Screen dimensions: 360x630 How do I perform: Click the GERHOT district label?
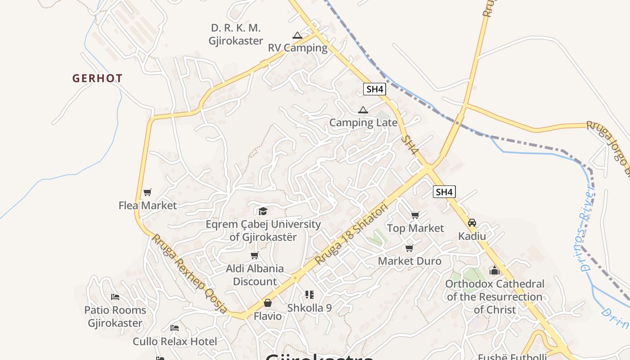[x=97, y=78]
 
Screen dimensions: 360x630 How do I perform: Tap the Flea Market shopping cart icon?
[x=147, y=193]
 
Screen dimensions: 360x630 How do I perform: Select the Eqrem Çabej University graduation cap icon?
[x=263, y=211]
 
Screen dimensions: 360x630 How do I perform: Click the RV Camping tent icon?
[x=297, y=35]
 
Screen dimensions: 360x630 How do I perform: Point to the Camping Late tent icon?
[x=363, y=110]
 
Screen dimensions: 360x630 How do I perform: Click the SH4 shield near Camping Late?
[x=374, y=89]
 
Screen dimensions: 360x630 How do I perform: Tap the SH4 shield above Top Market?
[x=444, y=192]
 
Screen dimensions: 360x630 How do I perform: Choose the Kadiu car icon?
[x=472, y=223]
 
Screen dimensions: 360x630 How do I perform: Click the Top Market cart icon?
[x=415, y=216]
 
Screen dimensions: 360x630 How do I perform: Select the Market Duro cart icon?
[x=409, y=248]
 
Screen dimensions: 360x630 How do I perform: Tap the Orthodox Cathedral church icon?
[x=495, y=270]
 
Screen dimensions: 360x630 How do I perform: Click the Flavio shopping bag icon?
[x=268, y=303]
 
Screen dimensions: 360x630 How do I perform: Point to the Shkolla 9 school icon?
[x=309, y=295]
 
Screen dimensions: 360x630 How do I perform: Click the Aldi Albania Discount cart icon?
[x=255, y=256]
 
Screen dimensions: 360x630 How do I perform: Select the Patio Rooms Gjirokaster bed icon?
[x=115, y=297]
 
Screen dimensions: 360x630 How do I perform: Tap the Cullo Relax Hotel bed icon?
[x=175, y=328]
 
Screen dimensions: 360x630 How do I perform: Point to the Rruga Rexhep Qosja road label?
[x=189, y=274]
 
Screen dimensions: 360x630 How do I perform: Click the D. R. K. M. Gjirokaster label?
[x=236, y=34]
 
